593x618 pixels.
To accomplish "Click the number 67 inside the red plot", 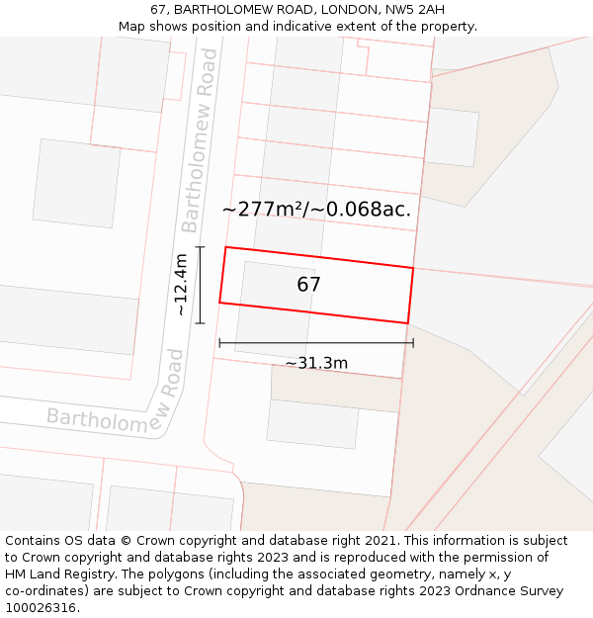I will pyautogui.click(x=308, y=285).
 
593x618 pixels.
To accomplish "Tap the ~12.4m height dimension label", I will pyautogui.click(x=181, y=285).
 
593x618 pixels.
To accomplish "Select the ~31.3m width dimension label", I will pyautogui.click(x=316, y=363).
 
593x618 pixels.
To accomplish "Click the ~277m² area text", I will pyautogui.click(x=265, y=209).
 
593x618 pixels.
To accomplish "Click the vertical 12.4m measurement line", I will pyautogui.click(x=201, y=285).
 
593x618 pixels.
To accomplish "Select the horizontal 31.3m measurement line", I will pyautogui.click(x=316, y=343).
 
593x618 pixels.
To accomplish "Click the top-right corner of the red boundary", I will pyautogui.click(x=413, y=268).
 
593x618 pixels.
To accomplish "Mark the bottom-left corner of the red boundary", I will pyautogui.click(x=219, y=303).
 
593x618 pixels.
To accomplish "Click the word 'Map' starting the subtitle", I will pyautogui.click(x=132, y=27).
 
